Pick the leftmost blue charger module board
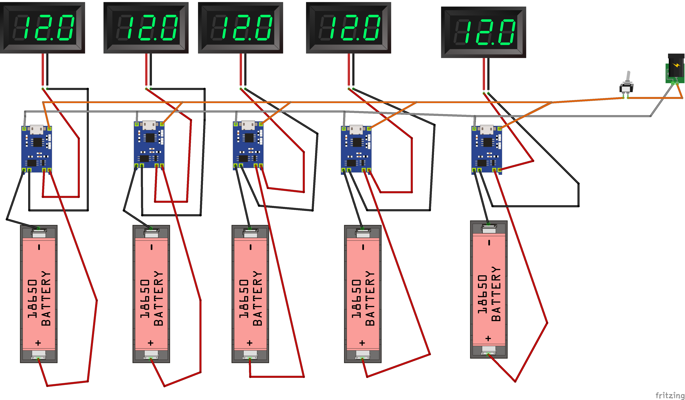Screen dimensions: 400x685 [x=37, y=150]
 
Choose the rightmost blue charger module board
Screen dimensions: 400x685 [x=487, y=150]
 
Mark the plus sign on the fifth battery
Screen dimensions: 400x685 [x=488, y=338]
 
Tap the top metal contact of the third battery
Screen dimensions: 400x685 [x=250, y=233]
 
